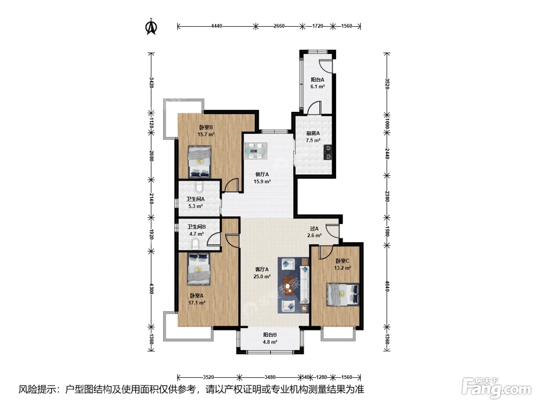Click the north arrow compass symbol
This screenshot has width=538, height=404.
151,27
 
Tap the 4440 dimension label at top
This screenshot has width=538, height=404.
217,26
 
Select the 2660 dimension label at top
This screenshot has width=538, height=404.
279,26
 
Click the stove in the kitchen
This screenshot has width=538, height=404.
328,152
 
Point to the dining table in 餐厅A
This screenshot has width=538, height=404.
256,151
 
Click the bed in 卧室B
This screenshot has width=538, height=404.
199,162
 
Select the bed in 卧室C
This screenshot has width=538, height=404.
343,295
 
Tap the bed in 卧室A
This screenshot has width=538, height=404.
199,269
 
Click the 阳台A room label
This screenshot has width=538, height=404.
317,80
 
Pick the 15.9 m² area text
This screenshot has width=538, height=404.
262,182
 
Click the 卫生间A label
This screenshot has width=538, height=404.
195,199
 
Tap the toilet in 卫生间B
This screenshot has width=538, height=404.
195,244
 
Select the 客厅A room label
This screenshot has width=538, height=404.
262,269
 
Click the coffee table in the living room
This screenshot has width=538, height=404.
288,285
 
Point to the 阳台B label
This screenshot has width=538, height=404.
270,335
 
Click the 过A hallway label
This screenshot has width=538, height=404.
314,229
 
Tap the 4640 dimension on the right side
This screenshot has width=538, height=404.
387,286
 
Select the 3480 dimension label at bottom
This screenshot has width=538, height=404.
270,377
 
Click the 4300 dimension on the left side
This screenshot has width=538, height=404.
151,289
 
